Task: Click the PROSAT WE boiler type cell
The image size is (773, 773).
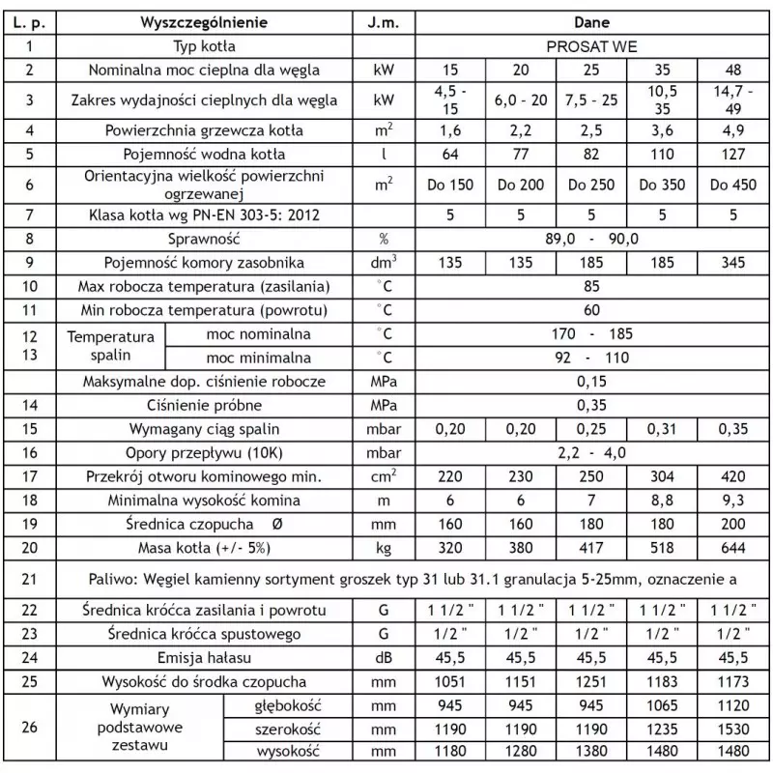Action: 591,45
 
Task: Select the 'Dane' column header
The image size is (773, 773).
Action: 591,19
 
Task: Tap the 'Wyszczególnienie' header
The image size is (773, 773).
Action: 204,19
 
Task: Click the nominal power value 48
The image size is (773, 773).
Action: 734,71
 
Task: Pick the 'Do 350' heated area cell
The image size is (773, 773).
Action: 662,186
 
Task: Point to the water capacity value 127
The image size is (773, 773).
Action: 734,154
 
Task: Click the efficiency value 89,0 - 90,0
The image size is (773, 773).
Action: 591,238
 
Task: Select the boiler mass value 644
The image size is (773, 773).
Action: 734,549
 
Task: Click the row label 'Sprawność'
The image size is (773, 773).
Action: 204,238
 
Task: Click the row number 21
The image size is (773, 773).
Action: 30,579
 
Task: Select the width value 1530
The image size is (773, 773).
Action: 734,728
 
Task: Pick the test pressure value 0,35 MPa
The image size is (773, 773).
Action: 591,405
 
